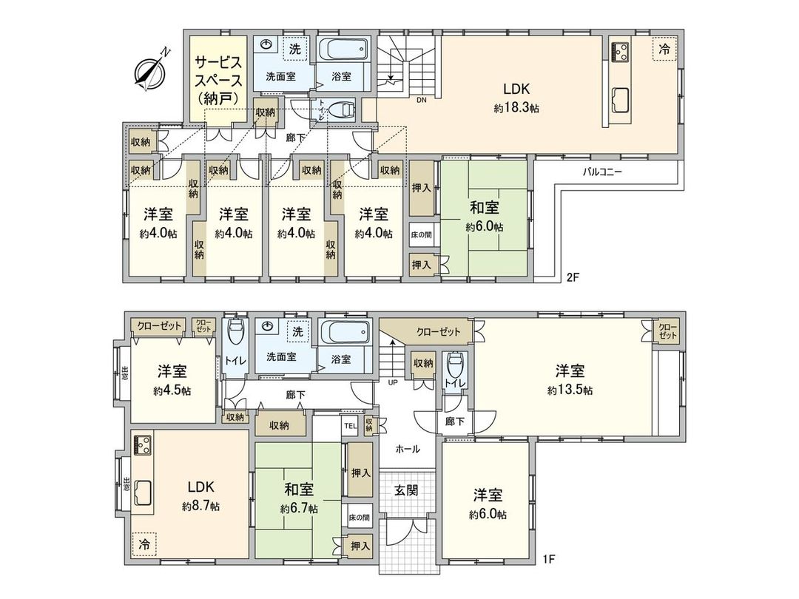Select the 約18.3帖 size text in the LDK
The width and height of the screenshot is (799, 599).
click(516, 108)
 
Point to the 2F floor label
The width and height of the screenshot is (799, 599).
click(572, 278)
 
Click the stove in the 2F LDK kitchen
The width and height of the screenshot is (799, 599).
click(620, 53)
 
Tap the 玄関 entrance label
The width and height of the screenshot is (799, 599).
click(405, 490)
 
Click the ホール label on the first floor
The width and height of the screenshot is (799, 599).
click(407, 449)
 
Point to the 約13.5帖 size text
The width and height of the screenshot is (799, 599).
click(570, 390)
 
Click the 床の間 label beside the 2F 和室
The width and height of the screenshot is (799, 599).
click(421, 235)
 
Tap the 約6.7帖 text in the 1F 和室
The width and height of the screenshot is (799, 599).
click(299, 509)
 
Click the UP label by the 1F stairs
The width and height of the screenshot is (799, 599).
click(393, 383)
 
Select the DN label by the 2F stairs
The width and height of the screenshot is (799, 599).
click(421, 100)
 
